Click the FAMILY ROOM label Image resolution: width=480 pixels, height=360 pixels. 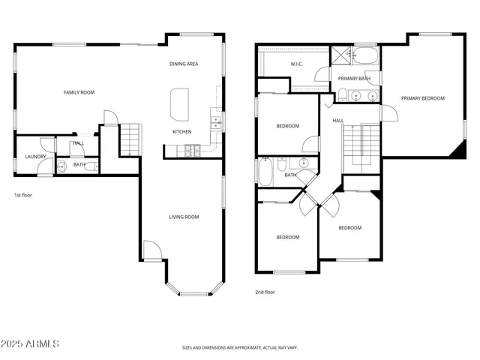79,92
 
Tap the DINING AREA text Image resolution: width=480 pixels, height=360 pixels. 183,64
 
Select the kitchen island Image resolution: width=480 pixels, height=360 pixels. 180,103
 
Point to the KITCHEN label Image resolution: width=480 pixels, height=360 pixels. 182,132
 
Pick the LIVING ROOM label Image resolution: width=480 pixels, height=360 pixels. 183,217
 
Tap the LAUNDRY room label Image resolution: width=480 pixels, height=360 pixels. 36,157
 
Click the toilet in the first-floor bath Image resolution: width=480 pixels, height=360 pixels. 61,166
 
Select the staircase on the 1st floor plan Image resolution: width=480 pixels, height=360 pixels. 130,139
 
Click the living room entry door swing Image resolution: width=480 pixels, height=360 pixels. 151,250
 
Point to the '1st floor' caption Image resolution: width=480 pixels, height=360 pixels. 23,195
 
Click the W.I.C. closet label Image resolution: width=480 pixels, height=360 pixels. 296,64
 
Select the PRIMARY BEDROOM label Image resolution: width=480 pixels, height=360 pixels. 422,98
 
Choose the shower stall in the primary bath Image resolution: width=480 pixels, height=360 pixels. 343,54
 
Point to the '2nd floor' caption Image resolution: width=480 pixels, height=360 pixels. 265,292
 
